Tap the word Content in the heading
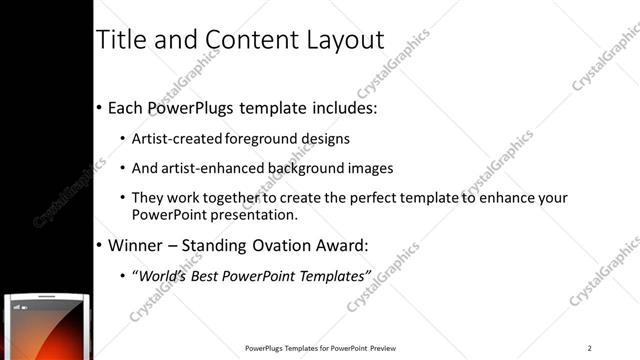pos(245,40)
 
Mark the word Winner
pos(134,245)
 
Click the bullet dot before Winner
pos(99,246)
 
